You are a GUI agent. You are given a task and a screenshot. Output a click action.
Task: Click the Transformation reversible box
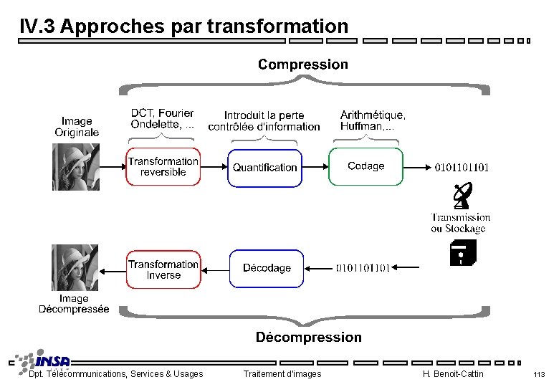point(163,167)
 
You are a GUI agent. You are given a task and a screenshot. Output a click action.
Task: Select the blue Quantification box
point(264,167)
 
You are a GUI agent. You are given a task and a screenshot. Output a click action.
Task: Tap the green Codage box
point(365,166)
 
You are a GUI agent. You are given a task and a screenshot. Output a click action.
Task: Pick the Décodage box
point(266,268)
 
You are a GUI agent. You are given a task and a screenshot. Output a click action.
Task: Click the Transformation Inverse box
point(163,269)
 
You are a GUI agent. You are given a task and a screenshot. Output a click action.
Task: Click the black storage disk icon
point(462,253)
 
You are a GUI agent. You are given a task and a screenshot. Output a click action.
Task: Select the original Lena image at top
point(75,167)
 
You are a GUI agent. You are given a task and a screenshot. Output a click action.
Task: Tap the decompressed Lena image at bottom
point(75,268)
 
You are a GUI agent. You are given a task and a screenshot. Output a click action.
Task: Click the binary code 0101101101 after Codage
point(462,168)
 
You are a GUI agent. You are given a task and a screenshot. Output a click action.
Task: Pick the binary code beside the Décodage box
point(363,269)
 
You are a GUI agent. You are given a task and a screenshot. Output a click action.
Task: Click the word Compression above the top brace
point(302,64)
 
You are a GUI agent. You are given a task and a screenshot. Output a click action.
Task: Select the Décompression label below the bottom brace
point(308,337)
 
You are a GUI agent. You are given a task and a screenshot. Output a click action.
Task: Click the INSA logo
point(43,361)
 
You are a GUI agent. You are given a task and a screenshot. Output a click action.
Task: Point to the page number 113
point(539,375)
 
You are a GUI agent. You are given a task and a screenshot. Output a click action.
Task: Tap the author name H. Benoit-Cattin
point(453,374)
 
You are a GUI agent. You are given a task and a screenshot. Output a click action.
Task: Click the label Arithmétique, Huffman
point(373,120)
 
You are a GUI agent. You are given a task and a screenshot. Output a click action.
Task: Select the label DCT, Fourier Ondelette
point(162,119)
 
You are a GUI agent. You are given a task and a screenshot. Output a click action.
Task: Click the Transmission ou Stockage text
point(460,223)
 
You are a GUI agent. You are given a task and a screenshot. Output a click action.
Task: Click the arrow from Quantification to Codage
point(315,167)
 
